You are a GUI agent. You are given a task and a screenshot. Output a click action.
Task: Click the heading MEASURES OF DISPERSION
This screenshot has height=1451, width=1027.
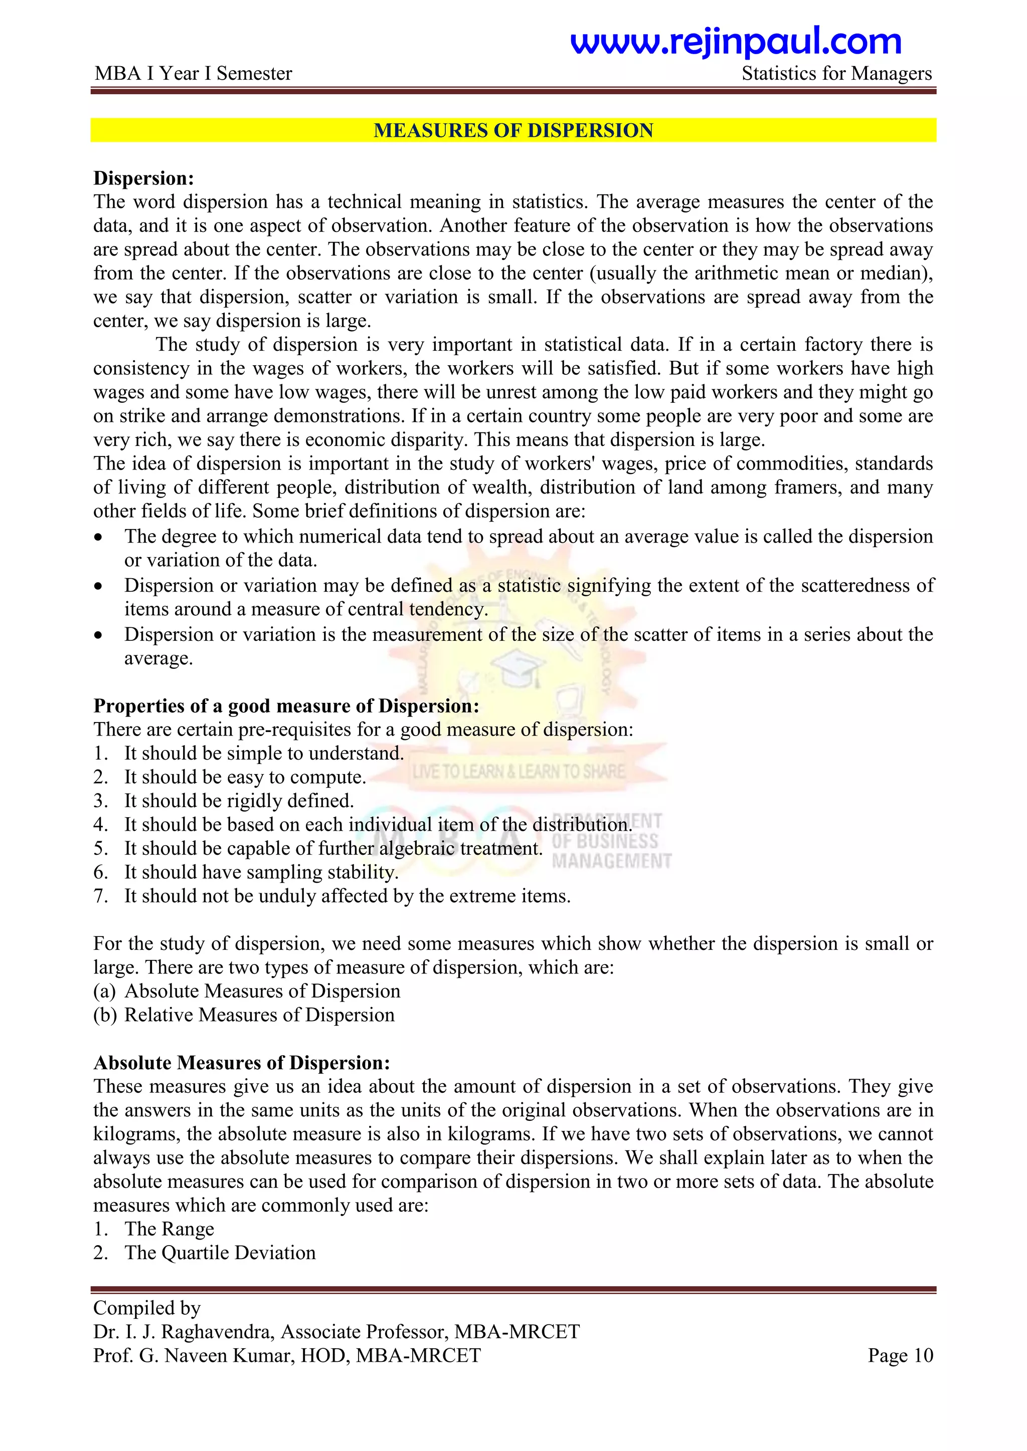(513, 130)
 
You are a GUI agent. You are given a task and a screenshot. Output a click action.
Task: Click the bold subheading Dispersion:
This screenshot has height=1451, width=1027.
(143, 178)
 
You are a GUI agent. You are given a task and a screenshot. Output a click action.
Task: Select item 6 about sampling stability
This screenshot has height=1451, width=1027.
(261, 872)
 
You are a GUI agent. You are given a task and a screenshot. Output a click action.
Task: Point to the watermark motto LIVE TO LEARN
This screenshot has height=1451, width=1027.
(518, 771)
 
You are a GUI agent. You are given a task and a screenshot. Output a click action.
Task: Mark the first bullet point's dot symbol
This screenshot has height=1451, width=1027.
(98, 537)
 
